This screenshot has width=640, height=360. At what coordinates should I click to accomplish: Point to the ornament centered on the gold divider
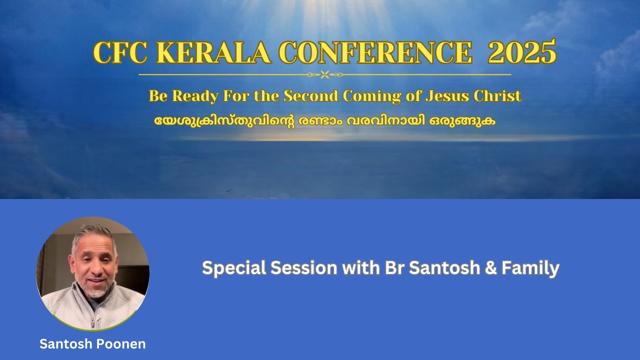coord(324,74)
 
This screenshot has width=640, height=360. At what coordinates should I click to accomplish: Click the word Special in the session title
coord(233,268)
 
